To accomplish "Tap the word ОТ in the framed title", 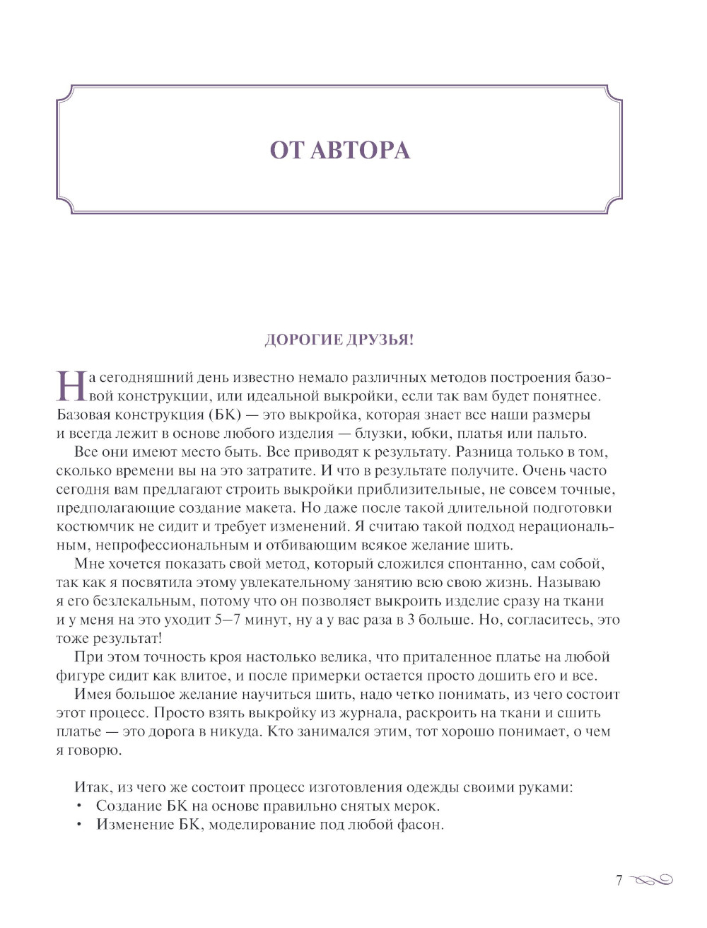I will pyautogui.click(x=286, y=151).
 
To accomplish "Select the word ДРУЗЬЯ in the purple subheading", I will pyautogui.click(x=379, y=340).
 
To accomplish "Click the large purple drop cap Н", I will pyautogui.click(x=71, y=386).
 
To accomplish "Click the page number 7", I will pyautogui.click(x=619, y=881).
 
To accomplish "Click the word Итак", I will pyautogui.click(x=93, y=787).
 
